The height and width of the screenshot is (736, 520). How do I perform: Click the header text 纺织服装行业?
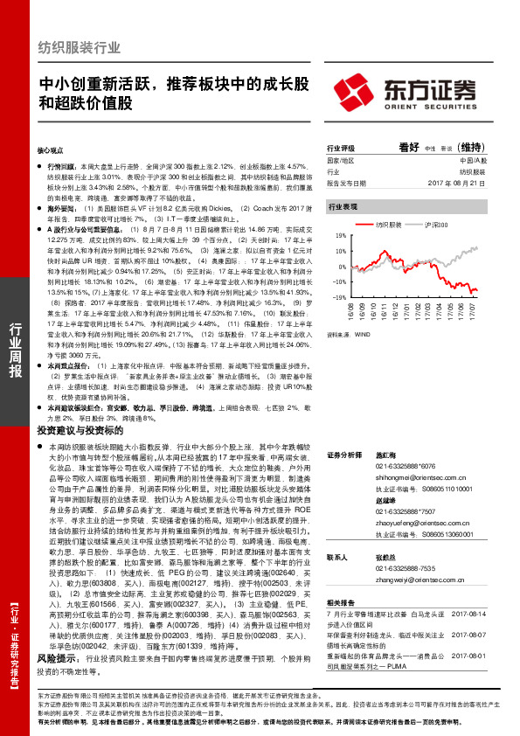pos(80,47)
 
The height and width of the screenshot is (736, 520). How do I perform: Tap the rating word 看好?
pos(409,148)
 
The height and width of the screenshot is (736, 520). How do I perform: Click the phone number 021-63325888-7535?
pos(385,566)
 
